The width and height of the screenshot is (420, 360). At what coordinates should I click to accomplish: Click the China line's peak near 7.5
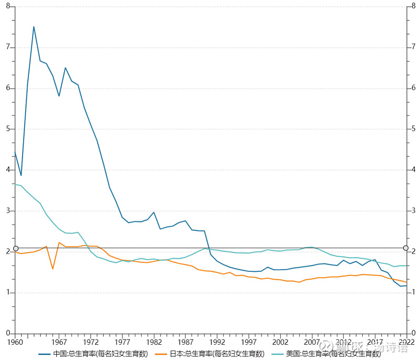pos(34,27)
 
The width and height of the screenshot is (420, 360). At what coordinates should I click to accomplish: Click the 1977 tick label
pos(123,342)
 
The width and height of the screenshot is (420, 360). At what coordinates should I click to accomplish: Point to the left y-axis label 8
pos(8,6)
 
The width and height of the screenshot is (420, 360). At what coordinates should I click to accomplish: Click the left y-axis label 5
pos(8,129)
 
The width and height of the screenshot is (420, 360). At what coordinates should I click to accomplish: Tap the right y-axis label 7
pos(414,47)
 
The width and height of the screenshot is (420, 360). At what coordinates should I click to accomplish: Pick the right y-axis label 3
pos(414,211)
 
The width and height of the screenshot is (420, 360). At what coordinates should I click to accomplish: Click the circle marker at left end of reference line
pos(16,248)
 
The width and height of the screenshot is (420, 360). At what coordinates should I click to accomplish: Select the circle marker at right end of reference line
pos(406,248)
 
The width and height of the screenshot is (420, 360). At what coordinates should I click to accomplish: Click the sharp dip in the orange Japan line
pos(53,269)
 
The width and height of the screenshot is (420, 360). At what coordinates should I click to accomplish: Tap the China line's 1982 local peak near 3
pos(154,213)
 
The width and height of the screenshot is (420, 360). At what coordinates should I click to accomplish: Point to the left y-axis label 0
pos(8,334)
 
